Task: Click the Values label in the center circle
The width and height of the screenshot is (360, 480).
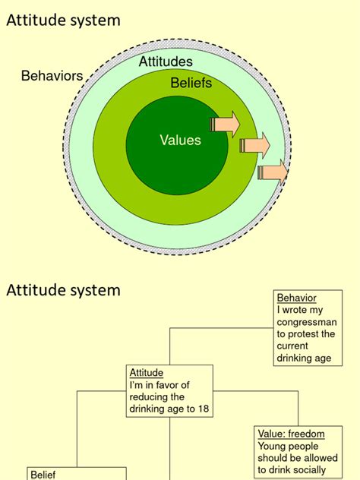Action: [x=180, y=140]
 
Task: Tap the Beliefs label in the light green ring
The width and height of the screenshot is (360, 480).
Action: [x=191, y=84]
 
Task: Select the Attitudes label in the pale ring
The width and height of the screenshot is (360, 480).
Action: [x=166, y=62]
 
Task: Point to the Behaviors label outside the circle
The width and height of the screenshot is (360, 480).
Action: [x=52, y=76]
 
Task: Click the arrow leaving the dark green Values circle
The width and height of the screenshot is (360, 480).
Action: [x=226, y=122]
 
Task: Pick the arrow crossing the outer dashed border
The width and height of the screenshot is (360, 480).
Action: [x=273, y=172]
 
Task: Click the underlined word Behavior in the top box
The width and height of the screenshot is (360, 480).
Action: [x=296, y=298]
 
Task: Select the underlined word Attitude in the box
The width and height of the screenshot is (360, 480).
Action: [x=147, y=373]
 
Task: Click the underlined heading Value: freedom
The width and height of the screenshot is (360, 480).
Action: [x=291, y=434]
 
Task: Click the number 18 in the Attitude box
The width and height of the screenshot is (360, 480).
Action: [x=202, y=409]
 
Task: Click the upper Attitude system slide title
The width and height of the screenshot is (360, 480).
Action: [x=63, y=21]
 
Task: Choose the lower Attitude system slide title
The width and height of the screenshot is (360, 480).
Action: [x=63, y=289]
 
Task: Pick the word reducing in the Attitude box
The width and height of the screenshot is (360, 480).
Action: [x=148, y=397]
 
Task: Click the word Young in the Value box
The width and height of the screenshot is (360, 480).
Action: [x=273, y=446]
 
